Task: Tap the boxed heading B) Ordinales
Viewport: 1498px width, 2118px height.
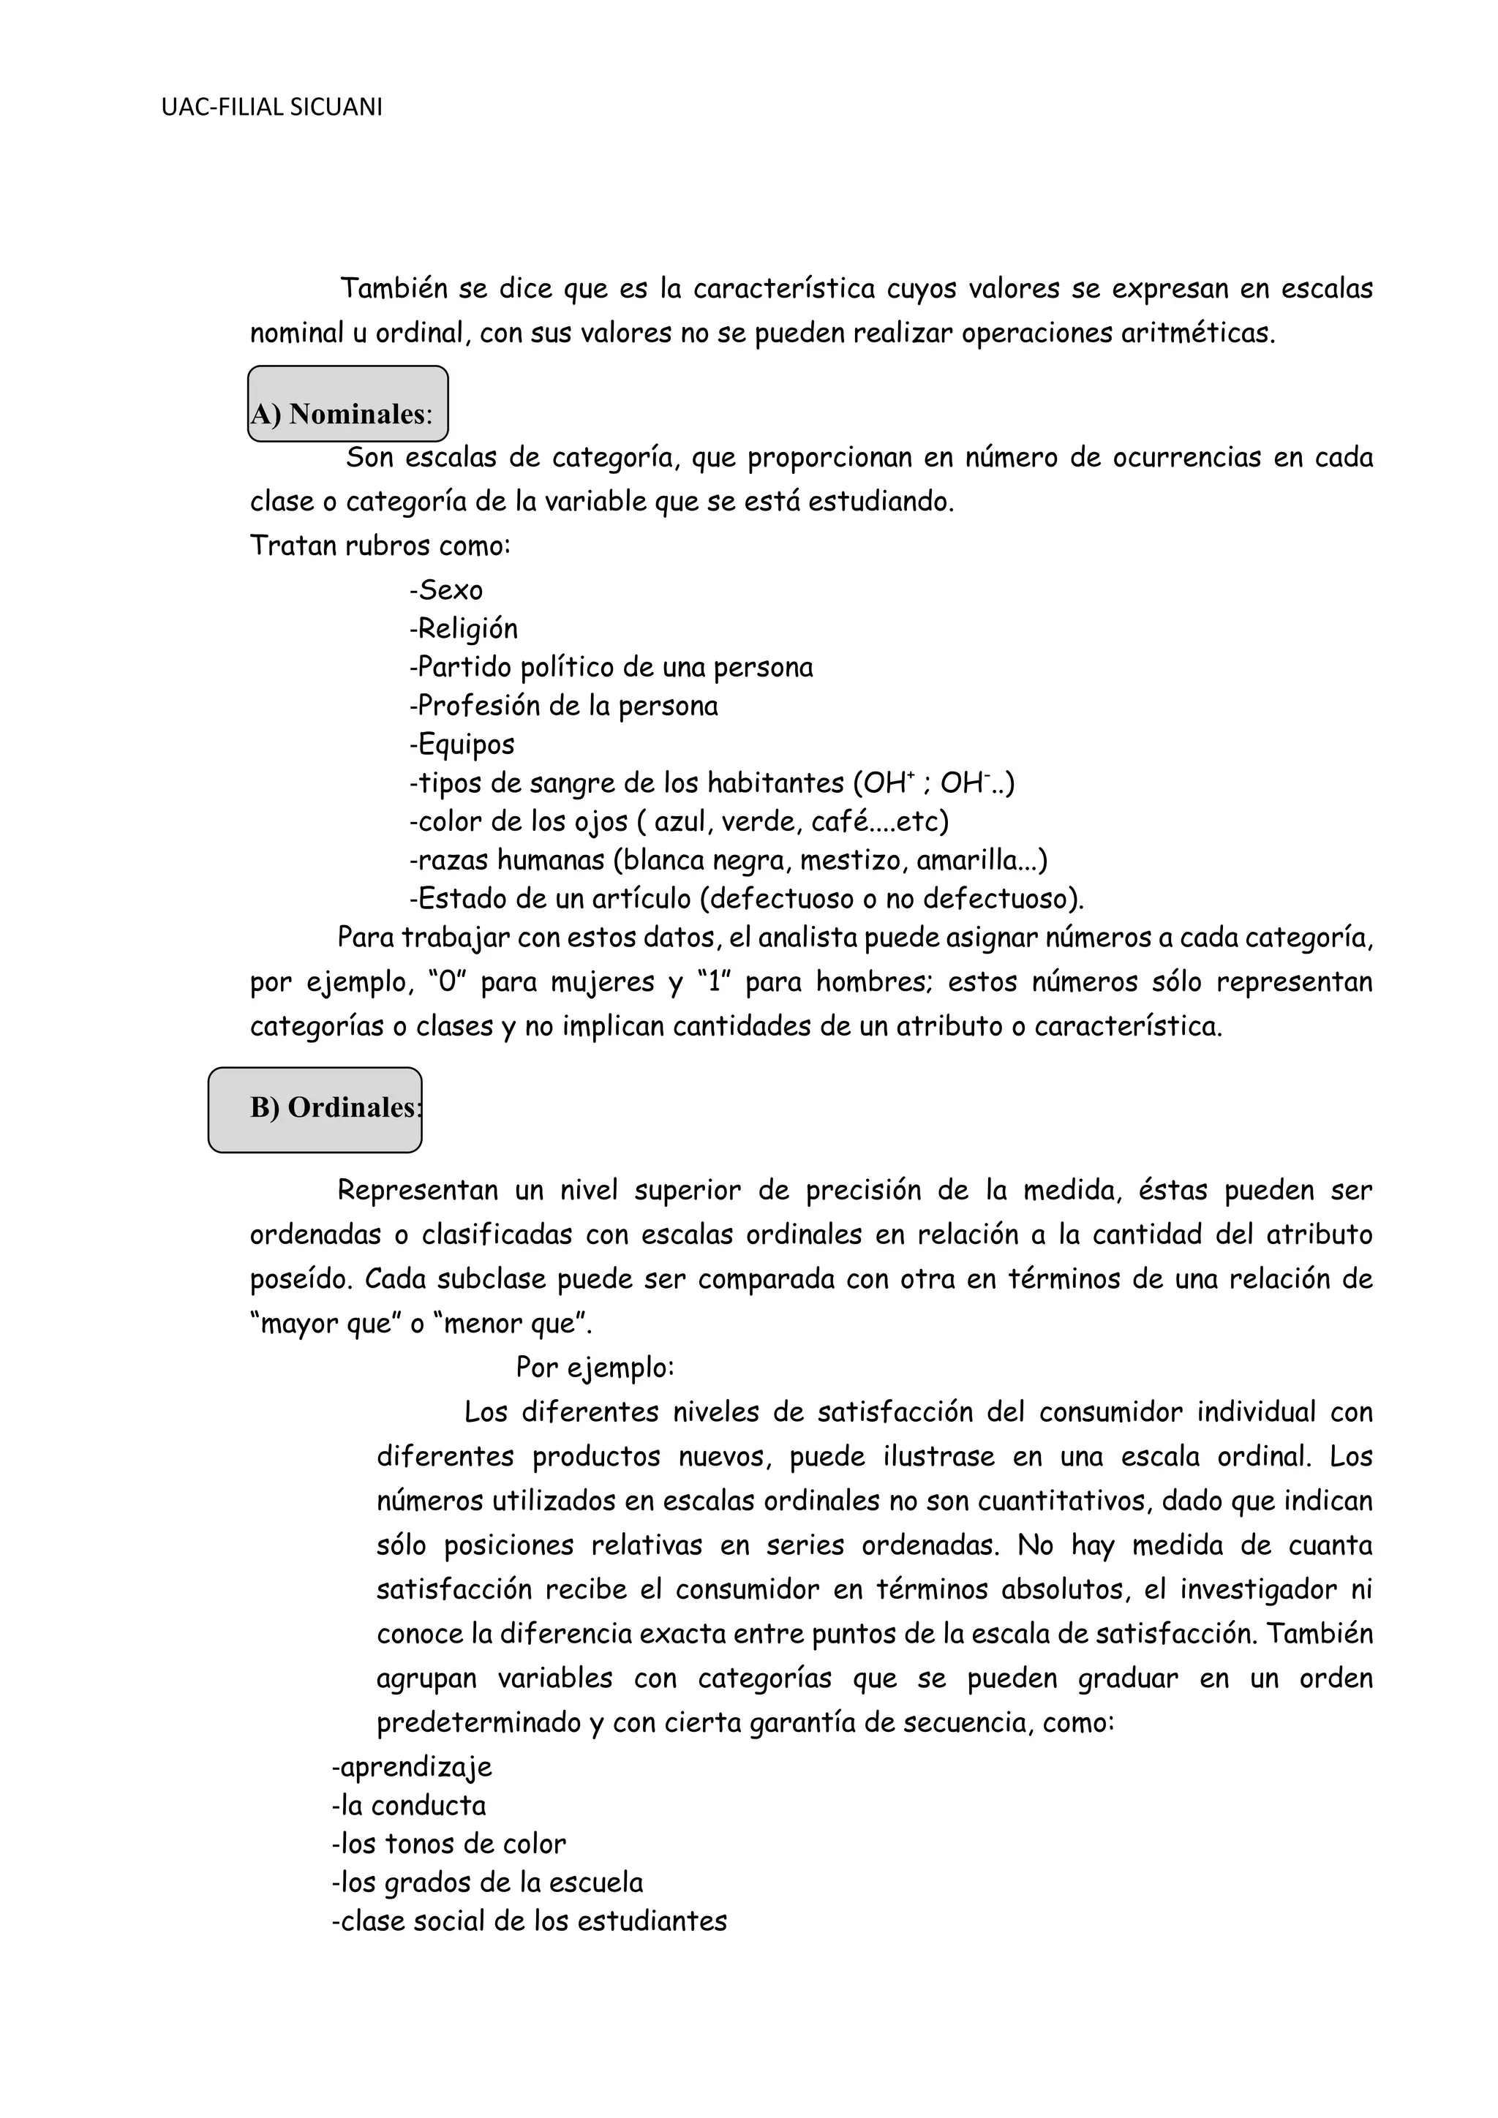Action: tap(315, 1109)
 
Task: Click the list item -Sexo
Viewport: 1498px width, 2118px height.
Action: tap(445, 590)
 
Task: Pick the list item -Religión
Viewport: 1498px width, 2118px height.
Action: tap(463, 629)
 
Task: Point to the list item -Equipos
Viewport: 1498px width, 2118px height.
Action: tap(462, 745)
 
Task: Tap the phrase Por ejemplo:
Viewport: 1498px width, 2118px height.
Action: tap(595, 1367)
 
